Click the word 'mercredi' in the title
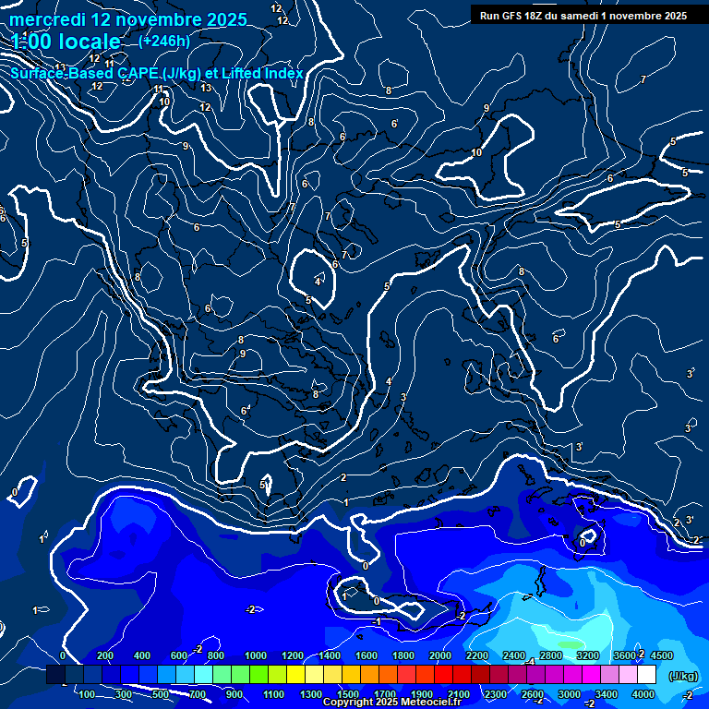tap(47, 19)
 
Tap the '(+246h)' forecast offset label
tap(164, 41)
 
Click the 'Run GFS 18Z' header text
tap(518, 16)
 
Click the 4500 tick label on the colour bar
tap(661, 655)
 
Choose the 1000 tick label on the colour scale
tap(256, 655)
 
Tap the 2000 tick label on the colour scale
tap(440, 655)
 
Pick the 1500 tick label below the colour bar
tap(348, 694)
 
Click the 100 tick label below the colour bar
tap(87, 694)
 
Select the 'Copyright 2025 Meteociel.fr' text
tap(391, 703)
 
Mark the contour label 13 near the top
tap(206, 89)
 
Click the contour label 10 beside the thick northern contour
tap(476, 152)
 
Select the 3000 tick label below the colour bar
tap(570, 694)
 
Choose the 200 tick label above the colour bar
tap(105, 655)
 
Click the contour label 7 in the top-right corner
tap(643, 80)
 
